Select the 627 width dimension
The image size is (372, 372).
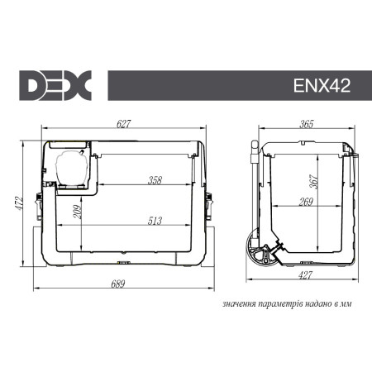(124, 124)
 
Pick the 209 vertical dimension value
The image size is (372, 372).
(76, 217)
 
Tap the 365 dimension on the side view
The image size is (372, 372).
(306, 124)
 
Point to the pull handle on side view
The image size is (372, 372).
(255, 165)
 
